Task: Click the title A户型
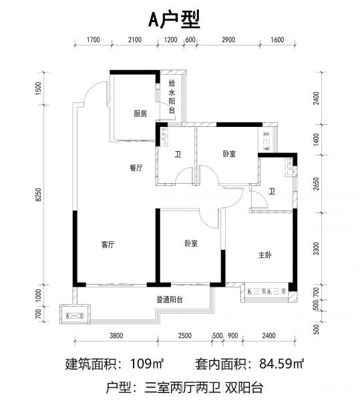pos(174,20)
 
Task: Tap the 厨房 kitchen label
pos(140,114)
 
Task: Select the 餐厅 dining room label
pos(136,168)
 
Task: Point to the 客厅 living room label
pos(108,245)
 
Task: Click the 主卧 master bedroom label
pos(265,255)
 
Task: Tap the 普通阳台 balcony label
pos(170,299)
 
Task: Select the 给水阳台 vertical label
pos(172,97)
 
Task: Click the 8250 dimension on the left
pos(38,194)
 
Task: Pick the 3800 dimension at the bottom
pos(116,336)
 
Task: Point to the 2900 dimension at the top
pos(228,39)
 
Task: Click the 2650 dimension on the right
pos(317,184)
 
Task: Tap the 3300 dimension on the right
pos(317,249)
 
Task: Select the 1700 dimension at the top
pos(94,39)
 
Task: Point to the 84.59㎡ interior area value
pos(282,364)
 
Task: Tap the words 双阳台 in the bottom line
pos(244,388)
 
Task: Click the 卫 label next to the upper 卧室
pos(178,154)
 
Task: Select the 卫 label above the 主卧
pos(272,191)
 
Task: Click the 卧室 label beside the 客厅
pos(191,243)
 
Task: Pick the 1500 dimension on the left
pos(38,88)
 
